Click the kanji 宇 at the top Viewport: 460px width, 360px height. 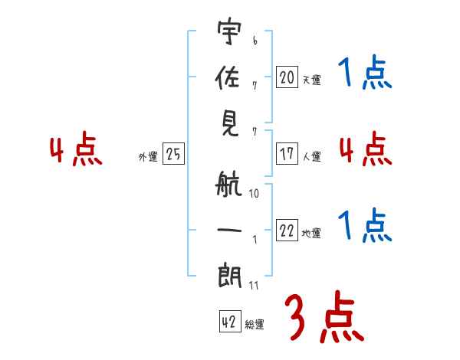point(229,31)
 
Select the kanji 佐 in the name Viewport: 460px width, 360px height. point(228,77)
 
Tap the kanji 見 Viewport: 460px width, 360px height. point(230,124)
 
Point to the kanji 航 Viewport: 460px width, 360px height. point(228,184)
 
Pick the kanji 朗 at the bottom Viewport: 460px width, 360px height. point(229,276)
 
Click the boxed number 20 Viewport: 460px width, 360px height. point(287,77)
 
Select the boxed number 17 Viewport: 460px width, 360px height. point(287,154)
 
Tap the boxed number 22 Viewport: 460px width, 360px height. point(287,230)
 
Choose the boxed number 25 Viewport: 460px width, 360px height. point(173,153)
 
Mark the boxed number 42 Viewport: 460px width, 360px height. point(230,321)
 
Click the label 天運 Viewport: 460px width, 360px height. point(312,80)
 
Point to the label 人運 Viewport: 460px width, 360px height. point(312,156)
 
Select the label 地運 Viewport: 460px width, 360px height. point(311,233)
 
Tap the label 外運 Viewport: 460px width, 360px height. point(148,156)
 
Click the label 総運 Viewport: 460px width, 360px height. point(255,324)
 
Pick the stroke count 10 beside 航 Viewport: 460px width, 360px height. point(254,193)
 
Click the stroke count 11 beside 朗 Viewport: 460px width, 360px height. point(254,285)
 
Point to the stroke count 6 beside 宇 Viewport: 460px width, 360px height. point(255,41)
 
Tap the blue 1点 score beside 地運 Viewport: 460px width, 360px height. point(365,224)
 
